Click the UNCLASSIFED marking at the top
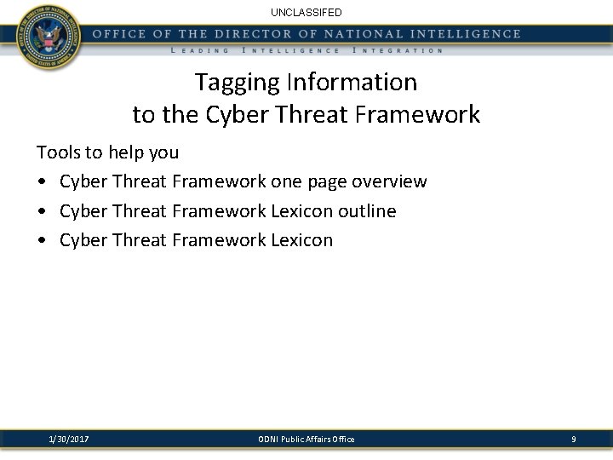pos(306,13)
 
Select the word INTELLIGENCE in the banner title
pos(455,34)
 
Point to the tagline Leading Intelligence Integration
pos(306,51)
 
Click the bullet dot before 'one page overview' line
pos(41,182)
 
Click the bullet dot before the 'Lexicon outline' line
pos(41,211)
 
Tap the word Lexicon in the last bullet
pos(301,239)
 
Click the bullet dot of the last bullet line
pos(41,240)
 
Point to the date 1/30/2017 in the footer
pos(70,439)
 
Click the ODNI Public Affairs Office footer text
pos(306,439)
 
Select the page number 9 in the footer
pos(573,439)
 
